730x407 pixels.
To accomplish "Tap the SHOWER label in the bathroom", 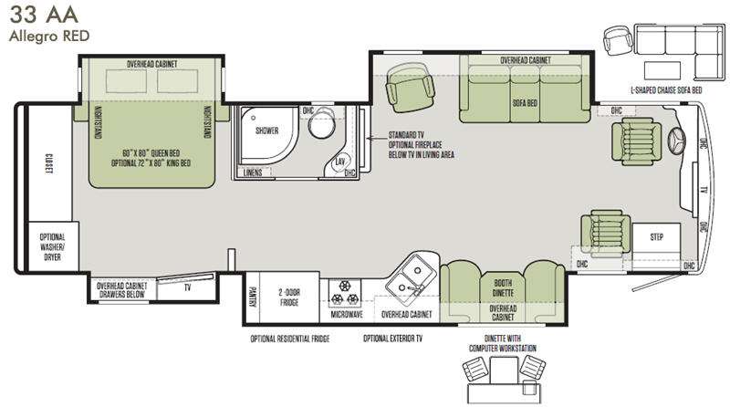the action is tap(266, 130).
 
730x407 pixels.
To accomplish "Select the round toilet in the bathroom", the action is tap(322, 122).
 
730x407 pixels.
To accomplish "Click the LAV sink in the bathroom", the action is tap(340, 162).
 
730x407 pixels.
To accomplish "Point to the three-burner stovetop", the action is tap(345, 292).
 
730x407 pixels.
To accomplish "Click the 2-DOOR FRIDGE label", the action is tap(289, 297).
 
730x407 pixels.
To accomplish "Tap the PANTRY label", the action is tap(253, 297).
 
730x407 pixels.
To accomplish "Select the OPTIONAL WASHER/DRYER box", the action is tap(53, 246).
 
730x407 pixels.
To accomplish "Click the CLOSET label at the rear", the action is tap(48, 163).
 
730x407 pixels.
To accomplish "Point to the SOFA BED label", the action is tap(525, 103).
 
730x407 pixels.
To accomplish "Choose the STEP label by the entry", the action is tap(656, 237).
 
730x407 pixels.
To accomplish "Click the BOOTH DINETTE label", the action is tap(503, 287).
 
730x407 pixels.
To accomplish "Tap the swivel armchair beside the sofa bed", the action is tap(410, 87).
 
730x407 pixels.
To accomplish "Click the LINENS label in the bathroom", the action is tap(253, 172).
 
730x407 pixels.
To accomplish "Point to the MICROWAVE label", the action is tap(347, 315).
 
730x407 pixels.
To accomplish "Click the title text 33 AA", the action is tap(44, 15).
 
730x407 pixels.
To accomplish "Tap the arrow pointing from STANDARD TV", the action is tap(376, 138).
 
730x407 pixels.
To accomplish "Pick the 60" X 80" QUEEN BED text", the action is tap(151, 153).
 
